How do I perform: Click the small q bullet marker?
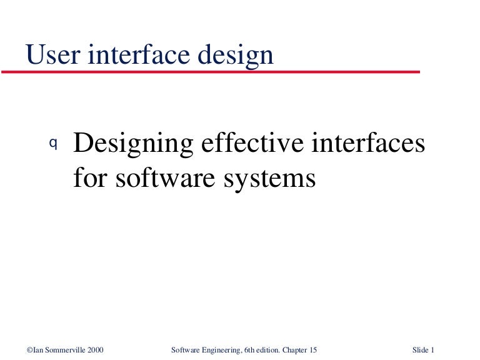click(x=53, y=143)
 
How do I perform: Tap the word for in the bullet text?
click(x=88, y=178)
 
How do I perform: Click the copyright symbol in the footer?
click(x=29, y=349)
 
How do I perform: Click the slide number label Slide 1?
click(x=423, y=349)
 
